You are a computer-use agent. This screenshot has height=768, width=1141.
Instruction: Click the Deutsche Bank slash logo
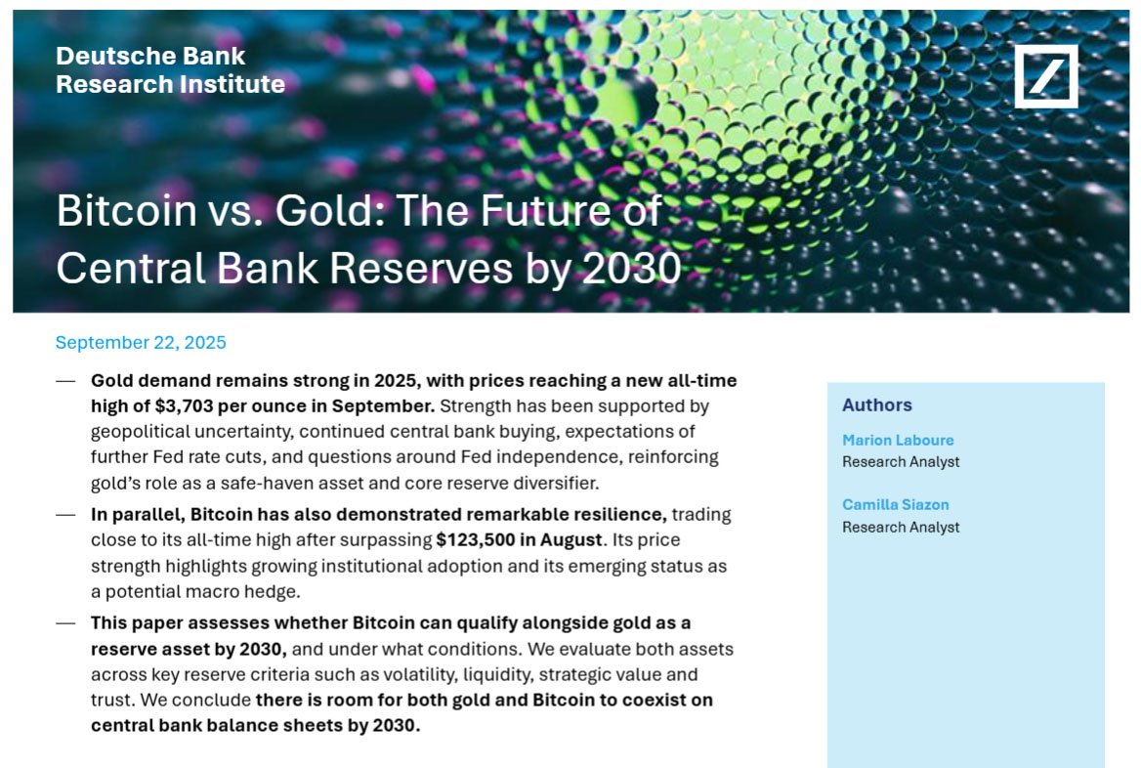point(1045,75)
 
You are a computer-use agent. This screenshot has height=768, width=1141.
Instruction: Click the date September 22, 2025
point(141,343)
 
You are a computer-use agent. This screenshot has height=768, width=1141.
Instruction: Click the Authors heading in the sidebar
point(876,405)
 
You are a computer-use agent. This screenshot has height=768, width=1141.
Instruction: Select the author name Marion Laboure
point(897,441)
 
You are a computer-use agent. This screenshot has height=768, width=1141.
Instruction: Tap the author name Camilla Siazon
point(895,505)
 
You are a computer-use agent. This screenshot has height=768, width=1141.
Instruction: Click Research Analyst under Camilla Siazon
point(900,528)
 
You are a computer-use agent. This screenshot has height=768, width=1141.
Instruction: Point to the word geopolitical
point(143,431)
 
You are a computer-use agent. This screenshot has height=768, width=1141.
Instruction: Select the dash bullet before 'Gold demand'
point(65,380)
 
